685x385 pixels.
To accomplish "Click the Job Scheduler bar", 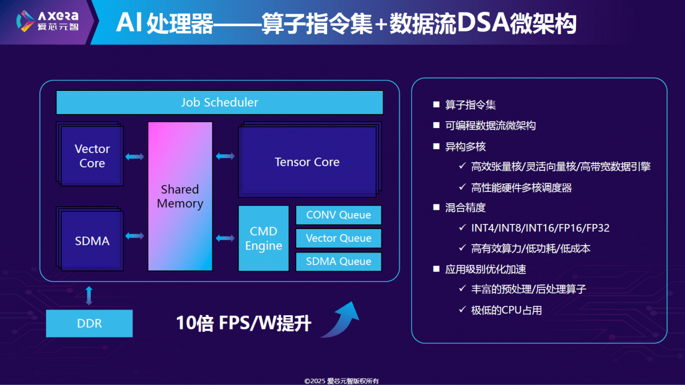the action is point(220,102).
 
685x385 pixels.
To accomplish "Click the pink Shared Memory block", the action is point(180,196).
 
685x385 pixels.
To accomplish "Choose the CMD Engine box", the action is point(264,238).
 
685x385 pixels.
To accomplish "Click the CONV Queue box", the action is point(339,215).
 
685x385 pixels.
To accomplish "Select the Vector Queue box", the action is point(339,238).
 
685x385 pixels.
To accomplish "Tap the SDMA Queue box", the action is point(339,262).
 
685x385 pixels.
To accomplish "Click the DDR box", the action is point(89,323).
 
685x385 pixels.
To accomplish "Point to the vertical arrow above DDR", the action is point(88,296).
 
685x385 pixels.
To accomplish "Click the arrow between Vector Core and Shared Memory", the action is point(135,157).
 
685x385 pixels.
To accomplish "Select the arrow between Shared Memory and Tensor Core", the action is point(225,157).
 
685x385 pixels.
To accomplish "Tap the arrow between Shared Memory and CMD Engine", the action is point(225,238).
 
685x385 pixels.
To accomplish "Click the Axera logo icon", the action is point(25,21).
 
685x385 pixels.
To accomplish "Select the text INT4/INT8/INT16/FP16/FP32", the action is point(540,228).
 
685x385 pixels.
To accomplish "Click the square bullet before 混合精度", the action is point(436,207).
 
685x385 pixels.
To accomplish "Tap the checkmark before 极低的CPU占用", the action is point(462,310).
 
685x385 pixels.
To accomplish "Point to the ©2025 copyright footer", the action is point(341,381).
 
